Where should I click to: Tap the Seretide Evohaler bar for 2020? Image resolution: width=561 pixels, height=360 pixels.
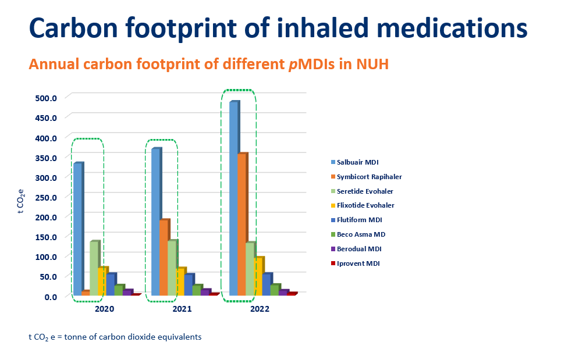tap(94, 269)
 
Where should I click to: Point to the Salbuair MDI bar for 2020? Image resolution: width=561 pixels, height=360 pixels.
tap(77, 229)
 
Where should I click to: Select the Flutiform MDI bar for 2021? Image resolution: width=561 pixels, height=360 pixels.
tap(189, 284)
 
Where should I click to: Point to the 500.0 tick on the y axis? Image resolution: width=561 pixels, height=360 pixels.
tap(45, 98)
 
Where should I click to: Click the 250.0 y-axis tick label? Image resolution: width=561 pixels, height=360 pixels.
tap(45, 197)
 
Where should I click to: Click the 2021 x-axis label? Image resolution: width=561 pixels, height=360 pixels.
tap(182, 309)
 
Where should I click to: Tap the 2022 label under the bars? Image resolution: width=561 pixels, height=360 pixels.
tap(260, 309)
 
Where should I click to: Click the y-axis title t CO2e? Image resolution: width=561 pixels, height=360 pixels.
tap(21, 202)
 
